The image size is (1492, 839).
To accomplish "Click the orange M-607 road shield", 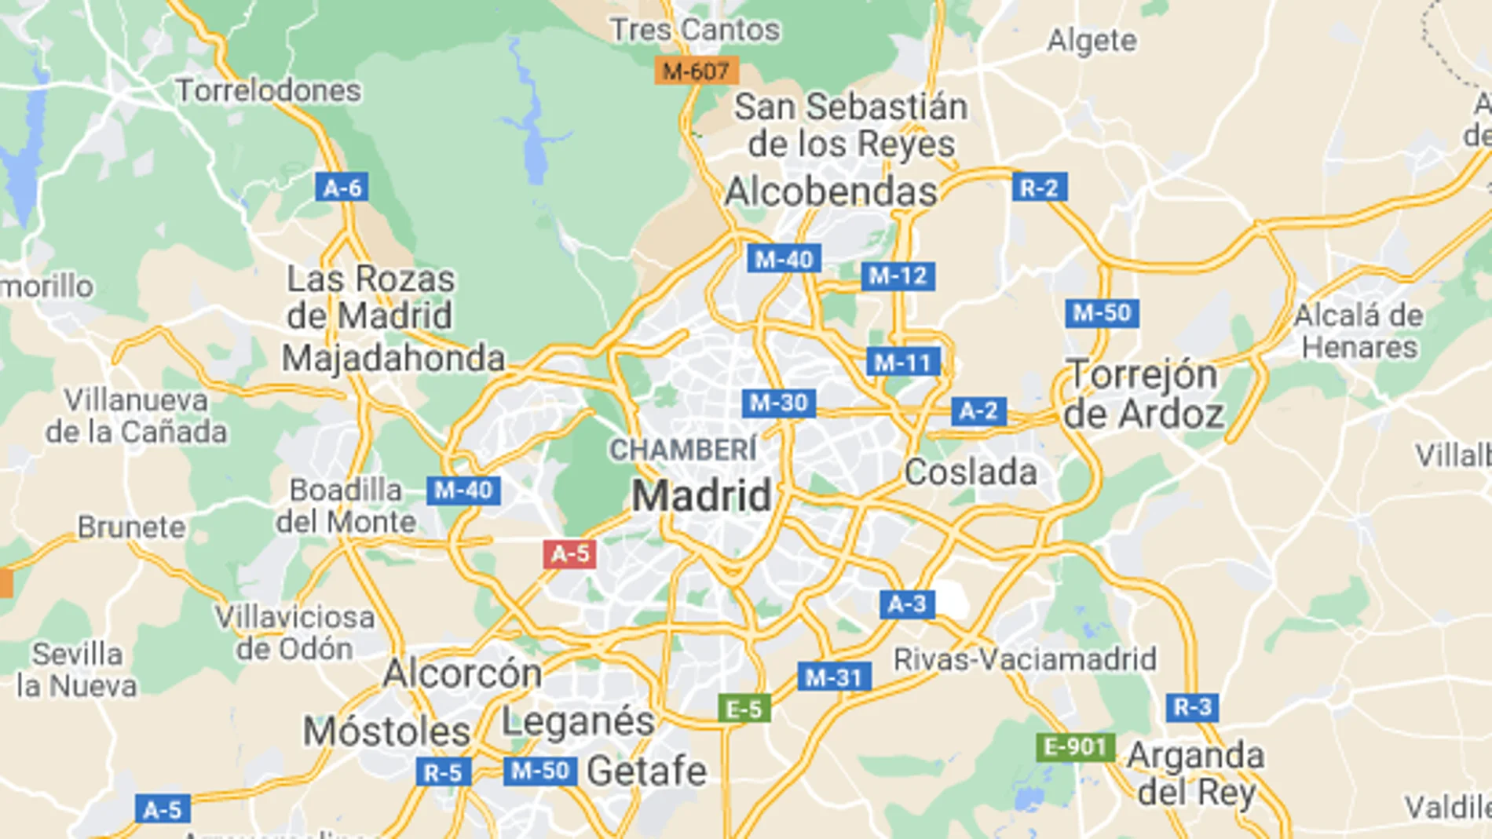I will click(696, 71).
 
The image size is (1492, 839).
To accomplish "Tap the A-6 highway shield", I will click(342, 188).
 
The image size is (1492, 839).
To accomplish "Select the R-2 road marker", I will click(1039, 188).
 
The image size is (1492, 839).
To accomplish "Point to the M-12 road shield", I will click(898, 275).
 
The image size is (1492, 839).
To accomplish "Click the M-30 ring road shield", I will click(778, 403).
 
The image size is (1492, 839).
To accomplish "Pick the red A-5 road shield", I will click(569, 553).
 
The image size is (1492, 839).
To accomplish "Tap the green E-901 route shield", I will click(1075, 746).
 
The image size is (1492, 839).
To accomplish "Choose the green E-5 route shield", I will click(744, 709).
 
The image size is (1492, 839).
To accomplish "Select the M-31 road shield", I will click(834, 677).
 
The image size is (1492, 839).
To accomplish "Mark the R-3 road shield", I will click(1192, 707).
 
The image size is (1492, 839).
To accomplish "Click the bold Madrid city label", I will click(702, 496).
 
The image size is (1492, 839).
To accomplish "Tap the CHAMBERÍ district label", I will click(683, 450).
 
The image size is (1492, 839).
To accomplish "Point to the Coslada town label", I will click(971, 472).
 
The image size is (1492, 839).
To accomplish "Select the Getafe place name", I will click(646, 771).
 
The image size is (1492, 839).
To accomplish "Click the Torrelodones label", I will click(268, 90).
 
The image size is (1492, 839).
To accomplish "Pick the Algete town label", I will click(1092, 40).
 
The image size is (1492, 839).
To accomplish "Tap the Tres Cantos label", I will click(695, 30).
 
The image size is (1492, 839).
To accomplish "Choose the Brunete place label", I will click(132, 527).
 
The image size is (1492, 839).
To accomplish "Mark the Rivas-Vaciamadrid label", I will click(1025, 659).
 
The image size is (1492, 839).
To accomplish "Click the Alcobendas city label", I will click(831, 192).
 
